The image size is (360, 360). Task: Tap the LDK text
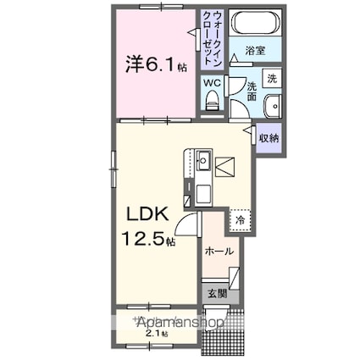click(x=149, y=215)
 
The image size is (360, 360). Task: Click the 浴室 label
click(x=255, y=52)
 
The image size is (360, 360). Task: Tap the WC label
click(x=212, y=83)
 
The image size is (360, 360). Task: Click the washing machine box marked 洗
click(x=271, y=79)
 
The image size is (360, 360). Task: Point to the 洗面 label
click(x=251, y=91)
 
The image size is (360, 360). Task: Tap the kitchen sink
click(x=204, y=159)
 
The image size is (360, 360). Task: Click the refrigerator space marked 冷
click(x=240, y=219)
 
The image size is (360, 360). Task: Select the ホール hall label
click(x=219, y=251)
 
